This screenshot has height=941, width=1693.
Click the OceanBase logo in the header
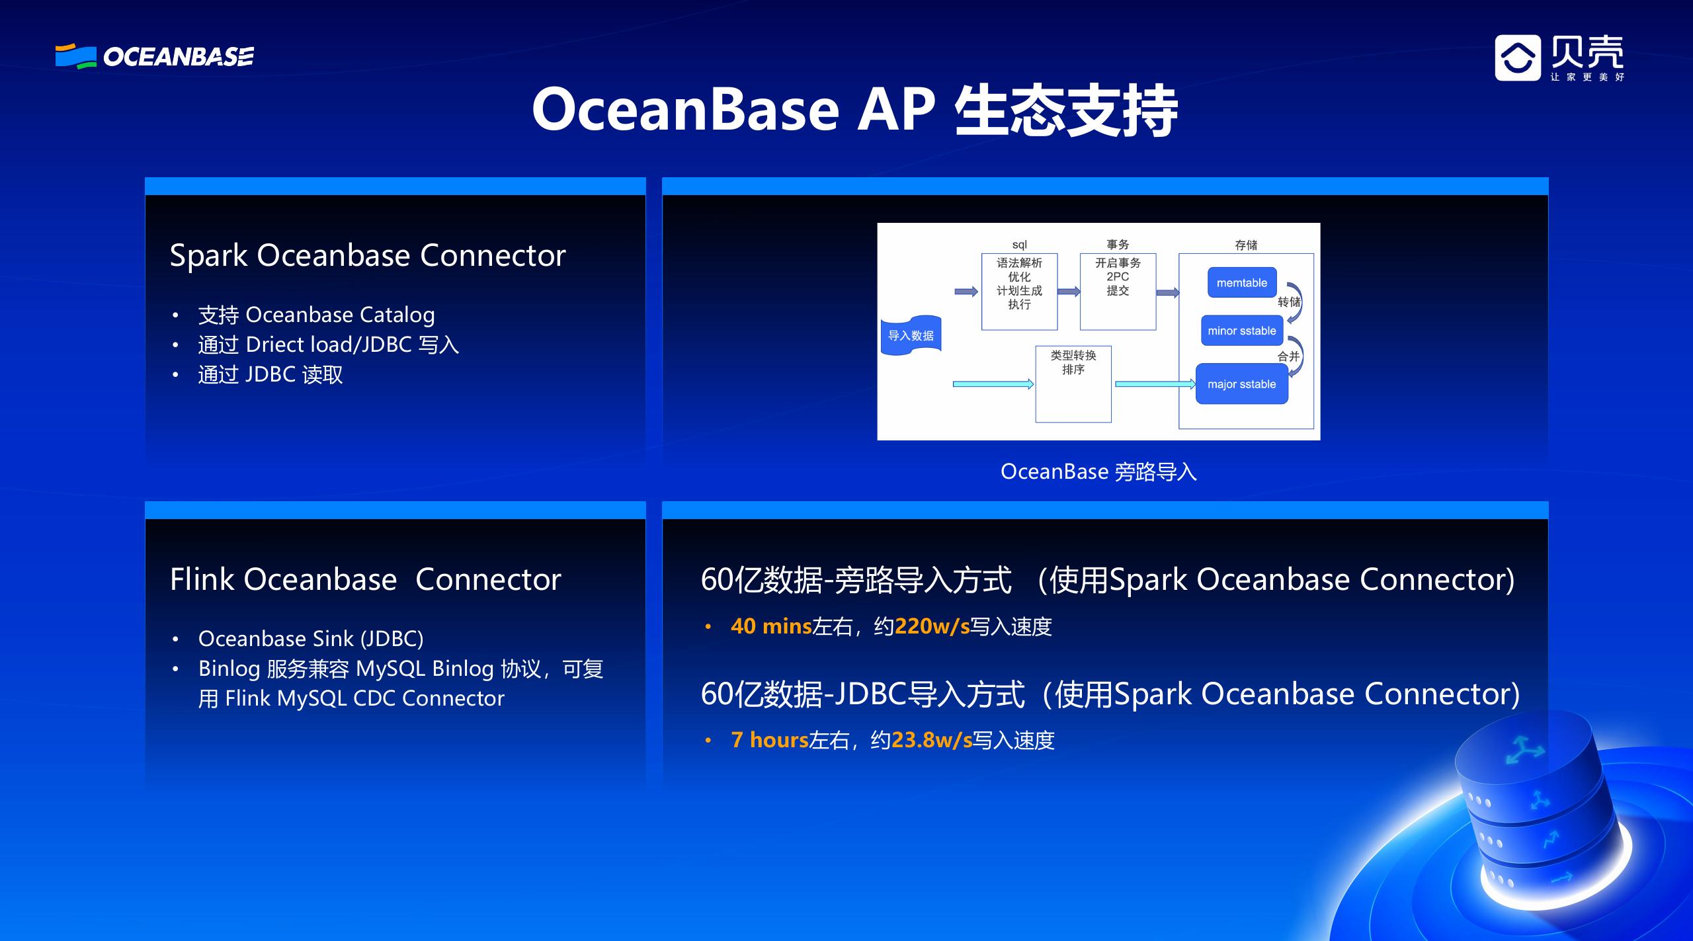(154, 57)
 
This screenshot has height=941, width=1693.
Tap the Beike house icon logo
(1517, 58)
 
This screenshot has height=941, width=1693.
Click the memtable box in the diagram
(1241, 283)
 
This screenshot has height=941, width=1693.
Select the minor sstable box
(1241, 331)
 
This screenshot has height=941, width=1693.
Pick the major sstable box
(1241, 384)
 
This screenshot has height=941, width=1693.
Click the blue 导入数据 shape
(911, 336)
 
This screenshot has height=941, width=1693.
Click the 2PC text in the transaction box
(1118, 276)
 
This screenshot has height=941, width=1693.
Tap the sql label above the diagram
(1019, 245)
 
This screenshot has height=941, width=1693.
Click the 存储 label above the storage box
(1246, 245)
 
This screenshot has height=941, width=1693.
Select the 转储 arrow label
(1288, 302)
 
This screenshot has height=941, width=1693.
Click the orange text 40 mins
(770, 626)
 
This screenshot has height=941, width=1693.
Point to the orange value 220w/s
(932, 626)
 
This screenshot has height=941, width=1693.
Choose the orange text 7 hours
(769, 740)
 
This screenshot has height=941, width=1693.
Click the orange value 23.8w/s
(931, 740)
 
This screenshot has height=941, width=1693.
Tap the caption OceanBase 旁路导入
(1098, 472)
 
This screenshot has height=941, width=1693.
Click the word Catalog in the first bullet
(395, 315)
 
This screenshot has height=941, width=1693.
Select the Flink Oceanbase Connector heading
(365, 579)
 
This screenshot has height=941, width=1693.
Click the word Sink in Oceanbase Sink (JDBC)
(333, 639)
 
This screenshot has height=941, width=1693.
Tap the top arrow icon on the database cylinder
(1524, 751)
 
